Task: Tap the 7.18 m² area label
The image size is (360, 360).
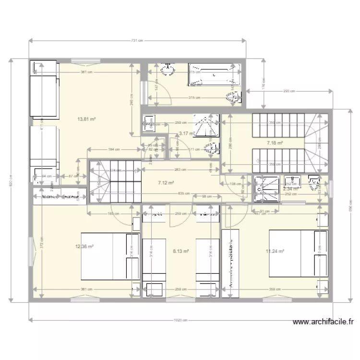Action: click(275, 143)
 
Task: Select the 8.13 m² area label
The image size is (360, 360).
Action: click(180, 250)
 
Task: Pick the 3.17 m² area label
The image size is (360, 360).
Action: click(186, 133)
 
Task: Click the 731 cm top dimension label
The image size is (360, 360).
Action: click(137, 40)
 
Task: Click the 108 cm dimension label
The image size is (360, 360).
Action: click(235, 184)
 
